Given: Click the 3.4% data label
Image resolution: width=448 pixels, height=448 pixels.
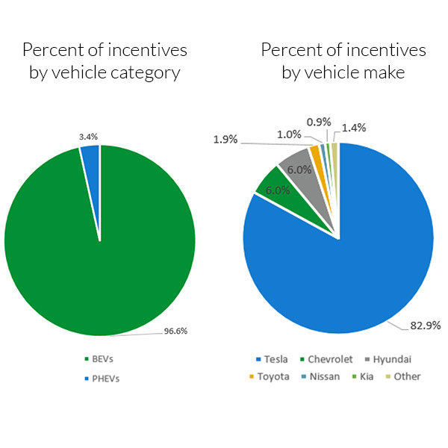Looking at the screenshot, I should [88, 137].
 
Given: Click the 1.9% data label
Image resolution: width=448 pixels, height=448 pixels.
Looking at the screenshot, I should [225, 140].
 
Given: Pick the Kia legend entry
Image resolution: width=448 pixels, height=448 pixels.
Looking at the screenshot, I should [367, 376].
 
